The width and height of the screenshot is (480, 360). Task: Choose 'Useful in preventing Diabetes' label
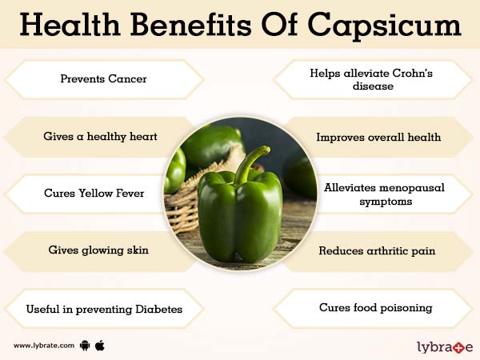[103, 309]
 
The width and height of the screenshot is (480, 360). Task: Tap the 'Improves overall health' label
[378, 137]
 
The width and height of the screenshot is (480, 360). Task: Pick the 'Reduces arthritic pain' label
[377, 250]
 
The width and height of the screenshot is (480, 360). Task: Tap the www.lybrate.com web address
[44, 346]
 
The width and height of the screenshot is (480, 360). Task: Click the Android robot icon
[85, 346]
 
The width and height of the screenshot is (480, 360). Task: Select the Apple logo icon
[100, 346]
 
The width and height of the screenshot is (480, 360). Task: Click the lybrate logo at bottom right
[445, 346]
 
